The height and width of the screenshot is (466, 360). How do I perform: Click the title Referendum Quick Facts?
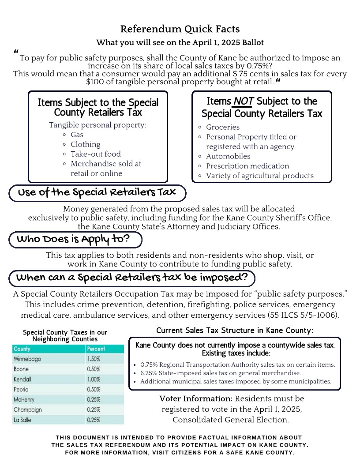(x=180, y=29)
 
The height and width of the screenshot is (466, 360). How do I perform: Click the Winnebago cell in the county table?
(x=27, y=359)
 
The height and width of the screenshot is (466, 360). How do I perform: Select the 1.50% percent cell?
(x=94, y=359)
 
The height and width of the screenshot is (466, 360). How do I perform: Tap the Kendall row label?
(x=22, y=379)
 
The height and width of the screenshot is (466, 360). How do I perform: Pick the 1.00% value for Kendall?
(x=94, y=379)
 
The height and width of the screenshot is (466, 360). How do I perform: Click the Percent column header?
(x=96, y=349)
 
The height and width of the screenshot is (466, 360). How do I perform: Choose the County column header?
(x=22, y=349)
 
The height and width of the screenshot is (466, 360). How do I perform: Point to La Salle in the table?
(x=22, y=420)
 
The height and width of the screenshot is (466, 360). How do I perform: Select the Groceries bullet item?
(x=223, y=127)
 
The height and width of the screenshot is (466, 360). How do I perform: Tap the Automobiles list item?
(x=228, y=156)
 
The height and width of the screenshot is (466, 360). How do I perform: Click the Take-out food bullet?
(x=95, y=154)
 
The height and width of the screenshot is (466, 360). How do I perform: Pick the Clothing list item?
(x=86, y=144)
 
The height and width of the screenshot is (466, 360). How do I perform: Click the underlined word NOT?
(x=243, y=102)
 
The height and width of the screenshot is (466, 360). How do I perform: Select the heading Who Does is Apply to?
(x=73, y=240)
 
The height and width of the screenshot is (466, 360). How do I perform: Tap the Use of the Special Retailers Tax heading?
(x=96, y=192)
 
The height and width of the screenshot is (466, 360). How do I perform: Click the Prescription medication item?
(x=247, y=166)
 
